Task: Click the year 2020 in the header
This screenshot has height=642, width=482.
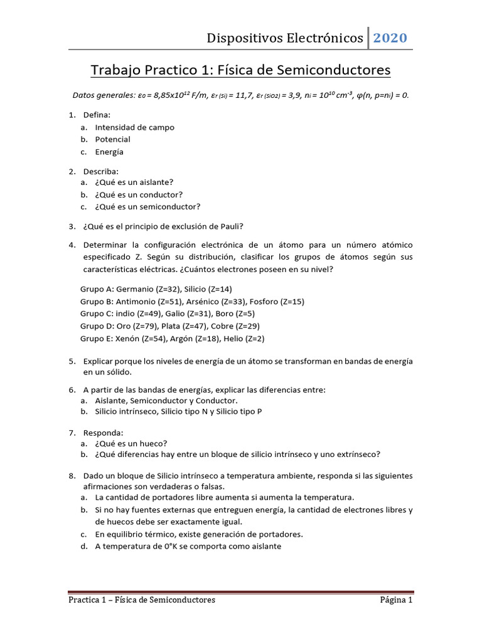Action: [390, 38]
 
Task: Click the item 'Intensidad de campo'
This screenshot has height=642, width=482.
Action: [134, 127]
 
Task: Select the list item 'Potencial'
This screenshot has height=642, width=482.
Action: [112, 139]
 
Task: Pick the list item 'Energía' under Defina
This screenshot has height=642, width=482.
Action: [109, 152]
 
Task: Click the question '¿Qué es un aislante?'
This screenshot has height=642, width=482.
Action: [134, 182]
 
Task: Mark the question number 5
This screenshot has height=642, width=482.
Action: [72, 362]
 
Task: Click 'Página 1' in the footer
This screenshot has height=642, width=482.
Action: [396, 600]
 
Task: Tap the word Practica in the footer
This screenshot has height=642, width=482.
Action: [87, 600]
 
